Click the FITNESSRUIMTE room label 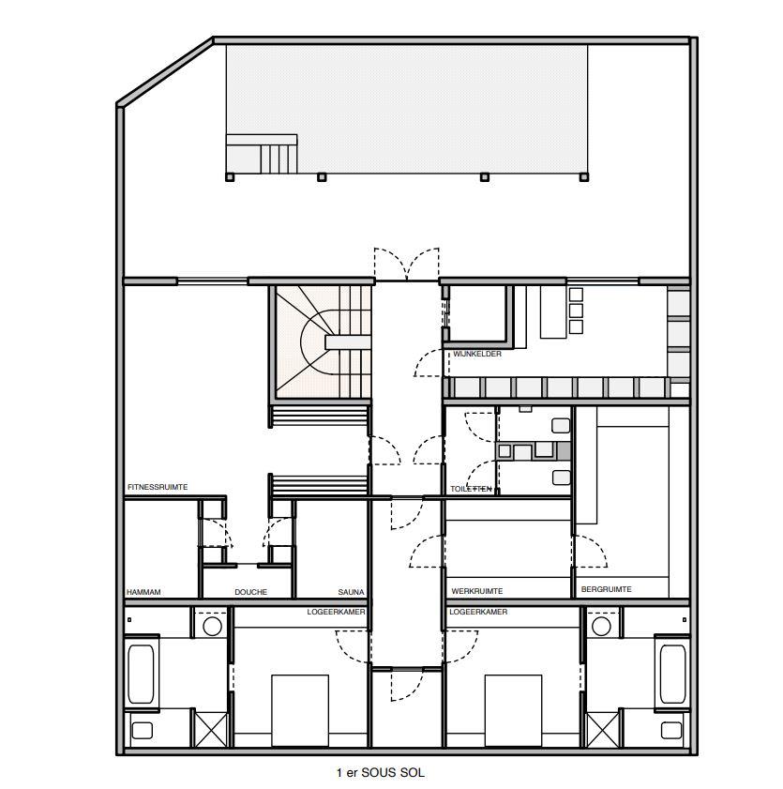(158, 487)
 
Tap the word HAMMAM (144, 592)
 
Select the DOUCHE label (250, 592)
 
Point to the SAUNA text (351, 592)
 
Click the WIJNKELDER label (476, 354)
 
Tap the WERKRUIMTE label (477, 591)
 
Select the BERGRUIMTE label (606, 589)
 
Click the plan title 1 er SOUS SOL (380, 773)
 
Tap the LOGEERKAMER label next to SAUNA (336, 612)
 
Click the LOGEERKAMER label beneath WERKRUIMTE (478, 612)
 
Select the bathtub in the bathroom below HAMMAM (143, 674)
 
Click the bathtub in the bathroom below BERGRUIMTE (672, 674)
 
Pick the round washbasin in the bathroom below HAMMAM (212, 625)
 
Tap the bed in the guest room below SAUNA (300, 711)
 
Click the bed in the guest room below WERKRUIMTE (513, 711)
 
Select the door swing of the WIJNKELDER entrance (429, 364)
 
